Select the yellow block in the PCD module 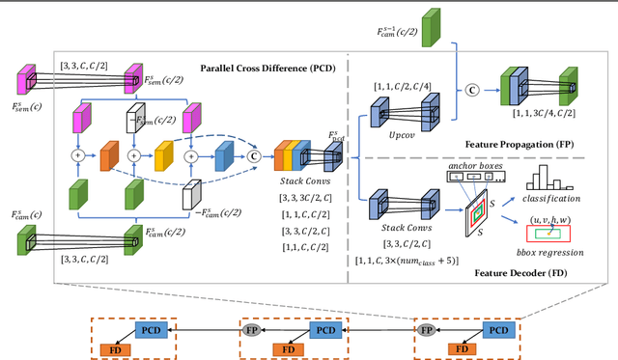click(164, 154)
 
